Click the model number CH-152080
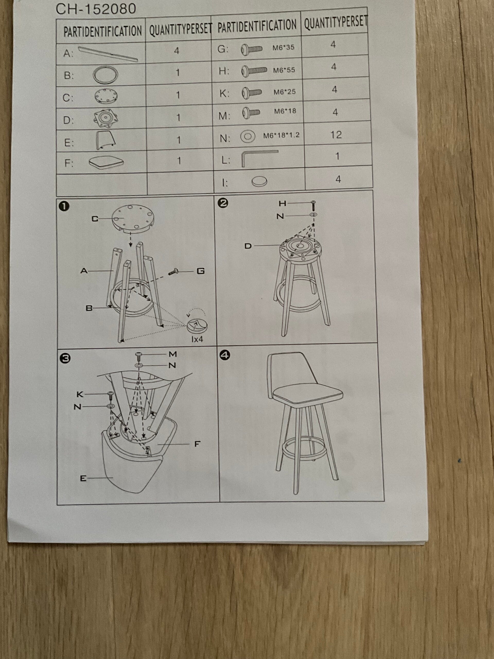click(96, 9)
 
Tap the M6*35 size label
click(284, 47)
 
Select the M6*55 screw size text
click(284, 70)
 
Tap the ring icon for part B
click(105, 74)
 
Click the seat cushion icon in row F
click(106, 161)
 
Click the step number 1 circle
click(65, 206)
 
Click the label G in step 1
click(201, 271)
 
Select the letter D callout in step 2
click(248, 246)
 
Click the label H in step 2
click(282, 203)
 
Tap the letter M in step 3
click(173, 354)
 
